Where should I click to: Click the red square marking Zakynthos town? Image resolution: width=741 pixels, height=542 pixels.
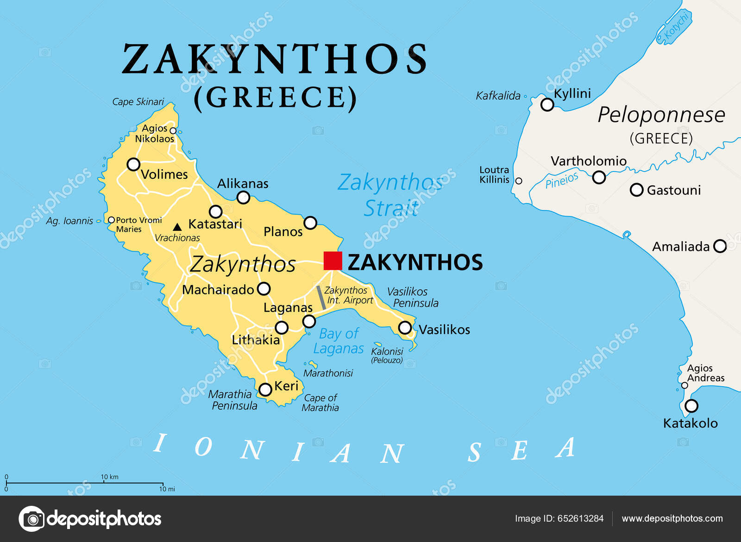coord(333,261)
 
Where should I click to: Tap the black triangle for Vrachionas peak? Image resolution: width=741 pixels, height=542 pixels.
coord(177,227)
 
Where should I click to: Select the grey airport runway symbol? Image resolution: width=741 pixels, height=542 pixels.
coord(321,298)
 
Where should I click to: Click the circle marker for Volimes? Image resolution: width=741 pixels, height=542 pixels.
coord(133,164)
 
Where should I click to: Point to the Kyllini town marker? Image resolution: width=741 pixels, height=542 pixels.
coord(547,104)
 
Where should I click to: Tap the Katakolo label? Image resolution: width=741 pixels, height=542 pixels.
coord(690,423)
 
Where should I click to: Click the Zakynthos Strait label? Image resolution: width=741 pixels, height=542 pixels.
coord(390,195)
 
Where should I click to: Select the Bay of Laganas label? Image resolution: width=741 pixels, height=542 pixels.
coord(339,341)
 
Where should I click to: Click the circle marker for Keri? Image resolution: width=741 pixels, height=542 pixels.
coord(265,389)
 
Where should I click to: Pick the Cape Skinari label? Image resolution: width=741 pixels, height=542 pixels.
coord(138,102)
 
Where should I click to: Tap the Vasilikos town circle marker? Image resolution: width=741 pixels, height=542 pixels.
coord(405,328)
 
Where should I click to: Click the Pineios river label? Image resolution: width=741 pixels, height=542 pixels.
coord(562,180)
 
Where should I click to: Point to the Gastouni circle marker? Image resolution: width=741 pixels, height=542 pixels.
coord(637,190)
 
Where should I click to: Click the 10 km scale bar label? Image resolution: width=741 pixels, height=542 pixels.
coord(110,477)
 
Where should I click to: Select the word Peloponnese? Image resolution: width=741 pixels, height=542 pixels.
coord(661,115)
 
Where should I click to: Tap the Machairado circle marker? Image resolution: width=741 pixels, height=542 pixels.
coord(264,289)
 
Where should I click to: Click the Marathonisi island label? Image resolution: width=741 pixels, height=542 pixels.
coord(328,373)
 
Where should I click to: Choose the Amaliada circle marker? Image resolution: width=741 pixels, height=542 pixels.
coord(720,246)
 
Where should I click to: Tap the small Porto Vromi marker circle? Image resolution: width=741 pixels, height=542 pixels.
coord(111,220)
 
